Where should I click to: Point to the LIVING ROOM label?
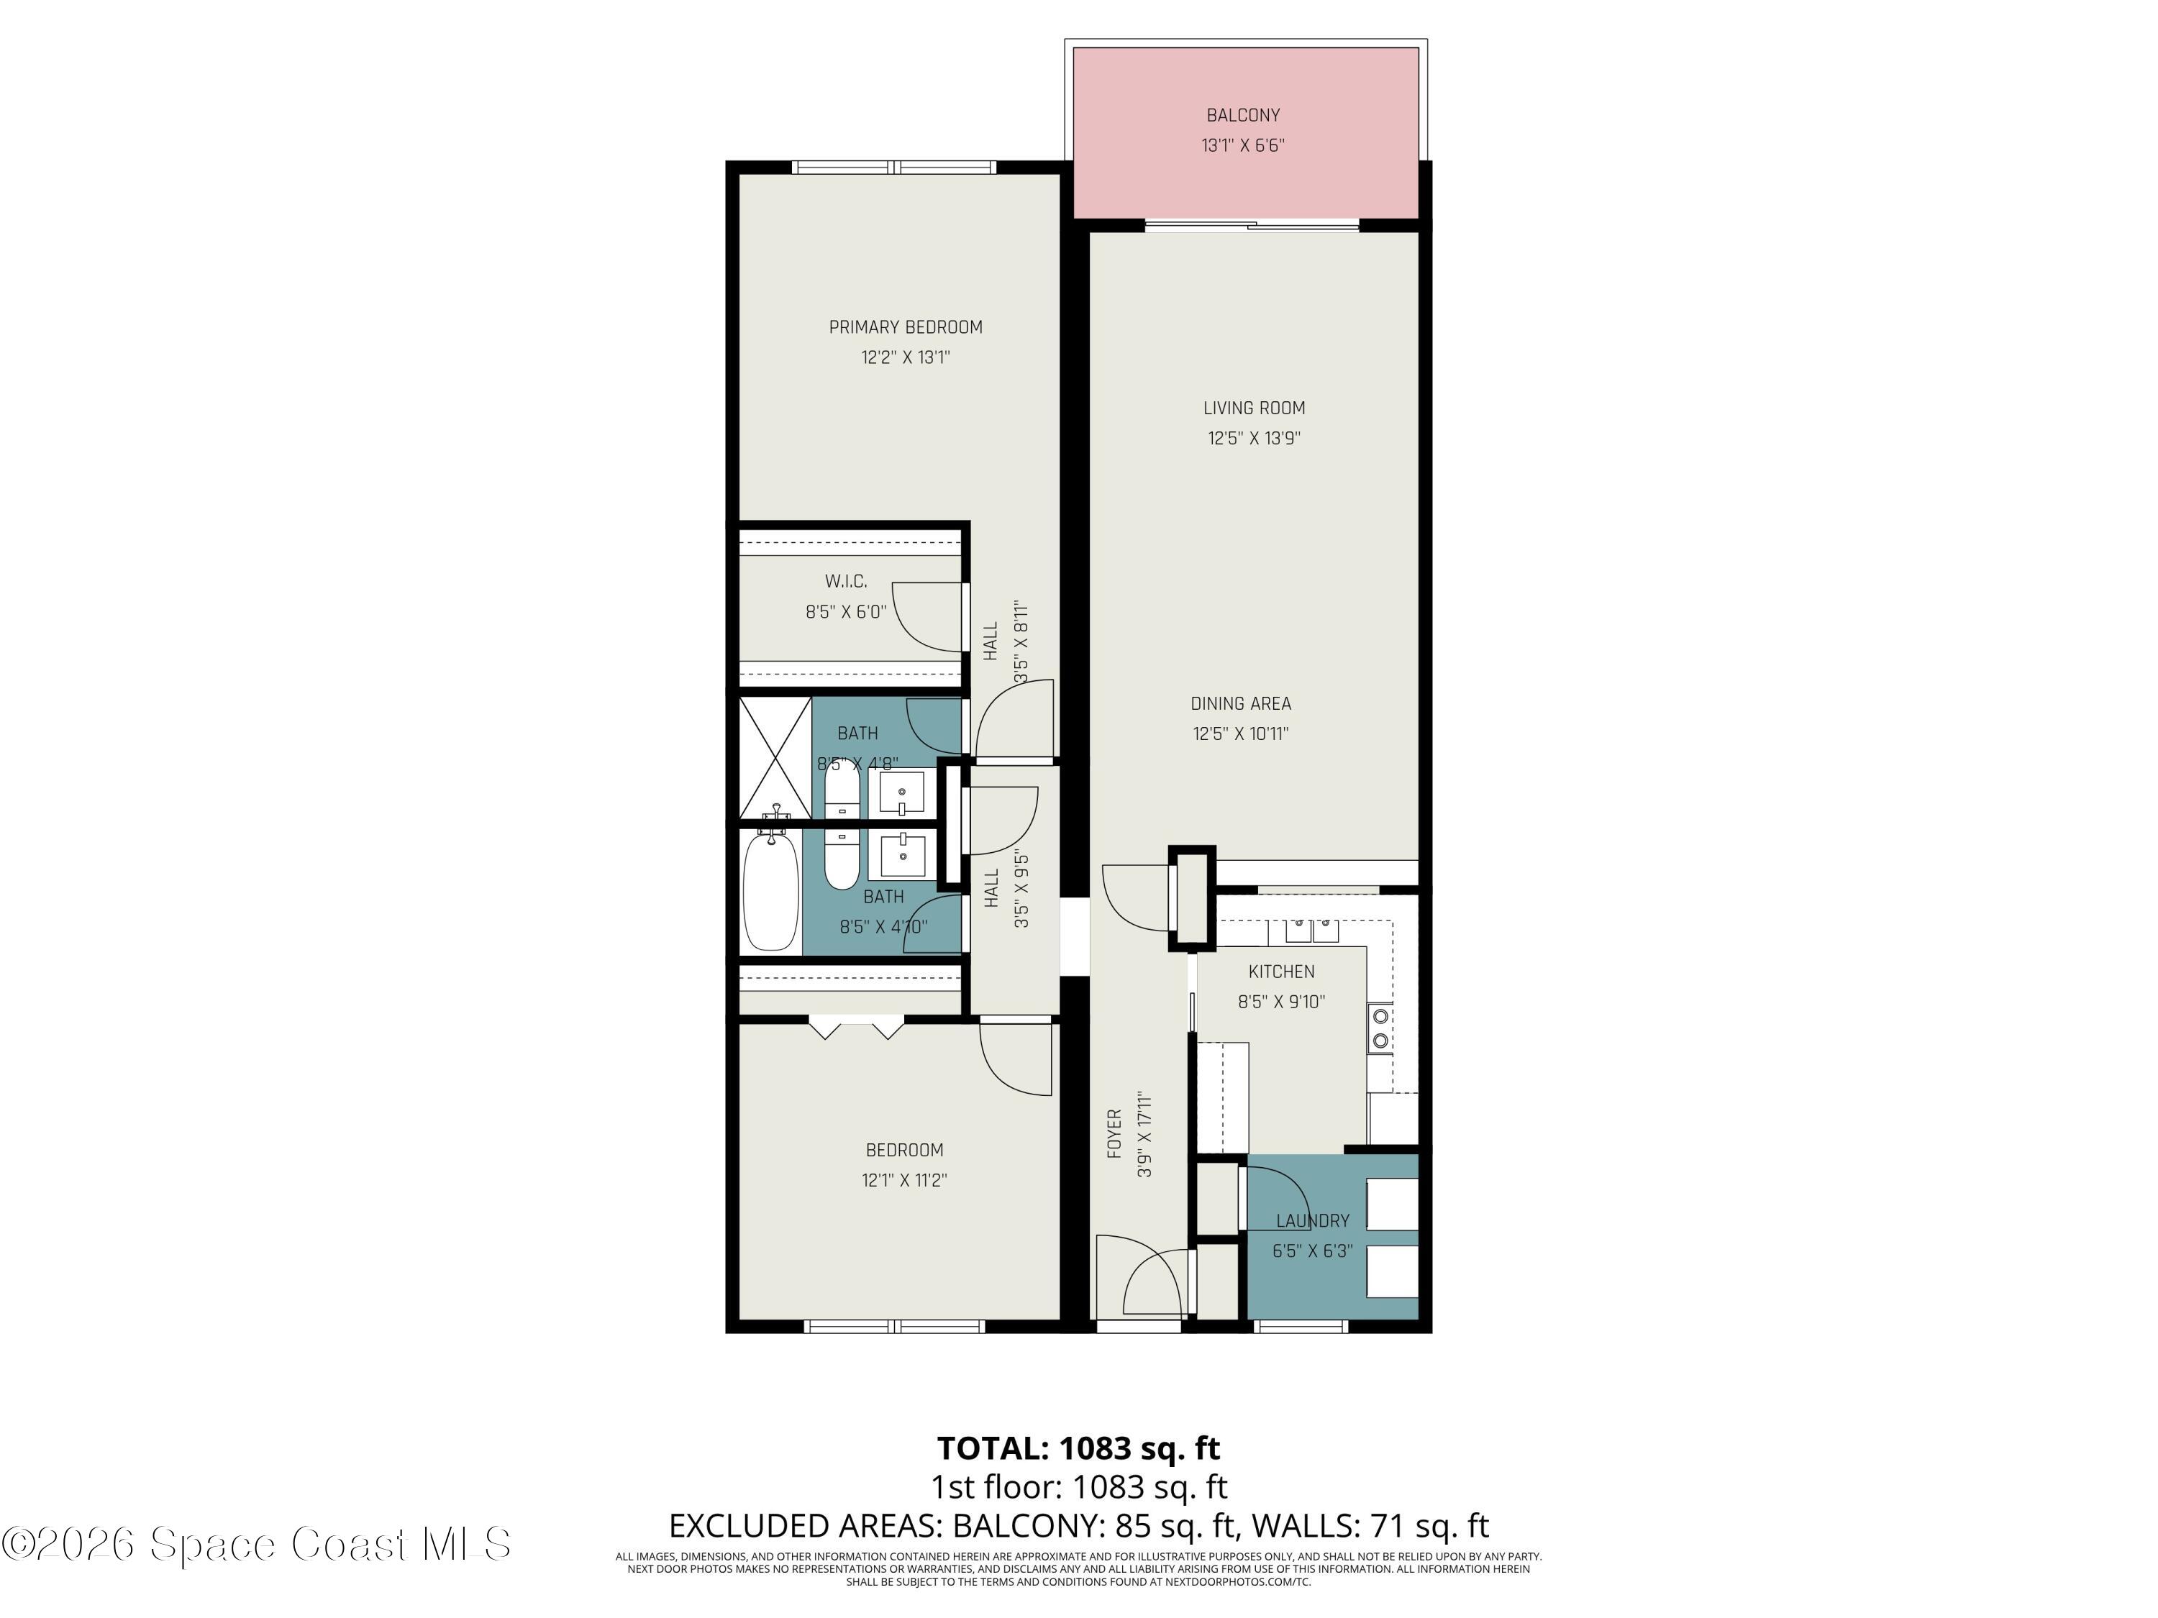1254,408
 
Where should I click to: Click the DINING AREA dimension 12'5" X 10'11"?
1240,734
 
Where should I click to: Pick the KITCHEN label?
1281,972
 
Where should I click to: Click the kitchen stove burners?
1380,1029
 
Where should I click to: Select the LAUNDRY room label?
1312,1221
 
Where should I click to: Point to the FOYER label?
1114,1134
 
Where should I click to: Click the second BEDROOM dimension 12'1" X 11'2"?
903,1180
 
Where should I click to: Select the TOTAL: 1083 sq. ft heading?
1078,1448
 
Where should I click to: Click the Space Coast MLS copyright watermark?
255,1544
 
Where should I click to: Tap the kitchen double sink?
1311,931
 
